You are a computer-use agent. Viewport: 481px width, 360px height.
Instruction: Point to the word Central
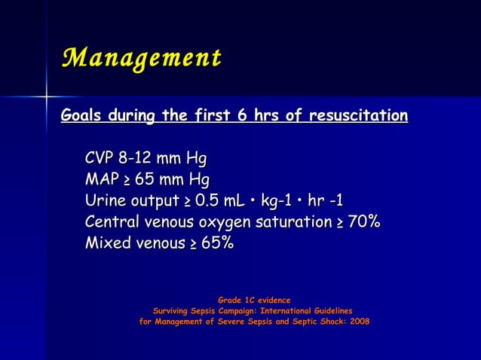click(x=113, y=222)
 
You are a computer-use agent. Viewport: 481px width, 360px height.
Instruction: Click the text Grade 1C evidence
click(x=254, y=301)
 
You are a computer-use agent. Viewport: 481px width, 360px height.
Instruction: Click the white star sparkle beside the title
click(x=46, y=97)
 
